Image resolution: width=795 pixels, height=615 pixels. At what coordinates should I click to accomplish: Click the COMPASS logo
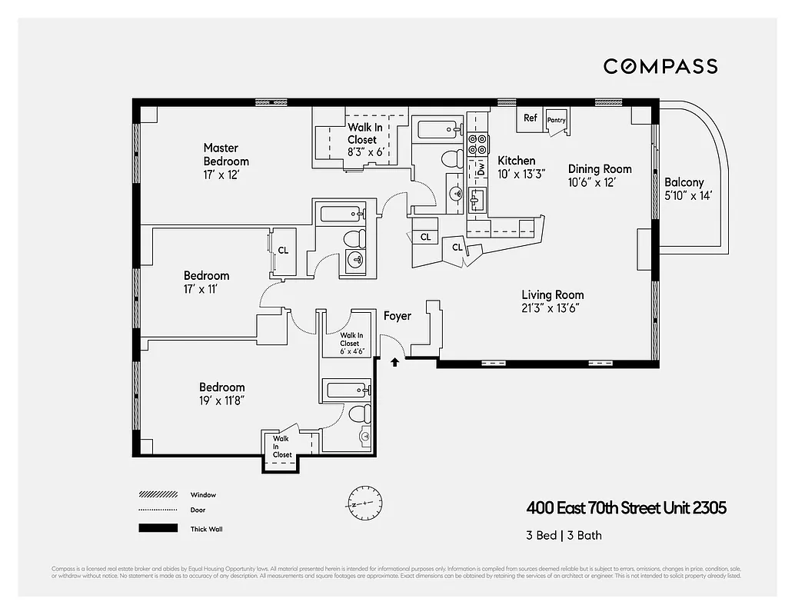(x=660, y=66)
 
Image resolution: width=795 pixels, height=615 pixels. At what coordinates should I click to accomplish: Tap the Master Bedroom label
(x=226, y=155)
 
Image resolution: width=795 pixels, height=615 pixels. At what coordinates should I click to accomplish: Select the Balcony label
(x=684, y=182)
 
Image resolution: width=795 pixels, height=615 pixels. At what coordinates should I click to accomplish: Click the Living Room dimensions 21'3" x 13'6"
(x=550, y=307)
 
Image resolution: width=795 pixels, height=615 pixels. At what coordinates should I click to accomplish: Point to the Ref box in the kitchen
(x=531, y=118)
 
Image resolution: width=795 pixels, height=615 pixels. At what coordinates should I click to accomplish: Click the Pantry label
(x=556, y=120)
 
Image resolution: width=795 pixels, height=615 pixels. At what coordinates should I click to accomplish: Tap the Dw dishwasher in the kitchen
(x=481, y=168)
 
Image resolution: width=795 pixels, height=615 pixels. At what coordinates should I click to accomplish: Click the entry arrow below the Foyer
(x=395, y=361)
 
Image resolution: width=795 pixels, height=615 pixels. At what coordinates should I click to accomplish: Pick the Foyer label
(x=397, y=316)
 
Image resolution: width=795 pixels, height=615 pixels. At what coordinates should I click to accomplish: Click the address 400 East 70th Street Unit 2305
(x=626, y=508)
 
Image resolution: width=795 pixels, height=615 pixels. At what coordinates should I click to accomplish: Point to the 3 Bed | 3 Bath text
(x=564, y=536)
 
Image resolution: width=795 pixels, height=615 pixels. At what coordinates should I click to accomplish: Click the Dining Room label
(x=600, y=169)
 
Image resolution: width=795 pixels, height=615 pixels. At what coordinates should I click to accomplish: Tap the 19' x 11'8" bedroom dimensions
(x=222, y=401)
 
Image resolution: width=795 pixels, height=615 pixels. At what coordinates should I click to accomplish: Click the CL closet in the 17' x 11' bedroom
(x=283, y=250)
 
